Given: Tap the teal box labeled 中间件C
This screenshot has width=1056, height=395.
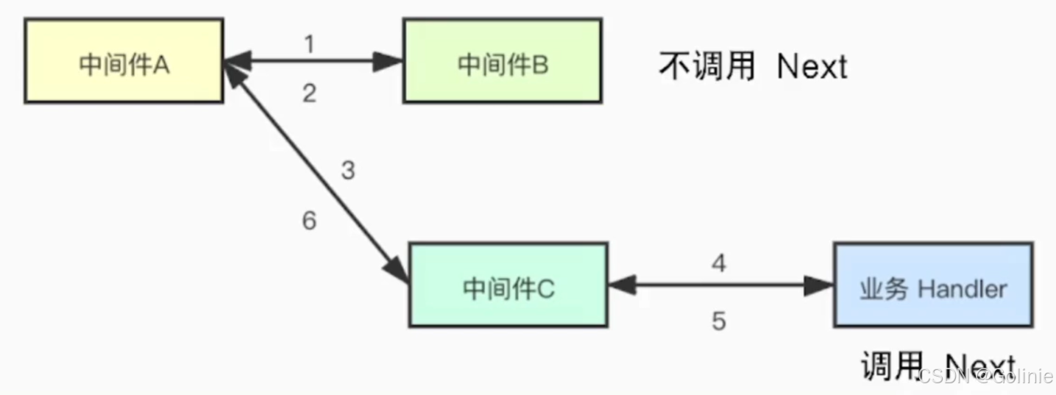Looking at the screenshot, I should (x=508, y=285).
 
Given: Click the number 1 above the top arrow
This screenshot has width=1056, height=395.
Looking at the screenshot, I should (x=309, y=44).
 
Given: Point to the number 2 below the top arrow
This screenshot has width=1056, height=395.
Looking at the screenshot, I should (x=309, y=93).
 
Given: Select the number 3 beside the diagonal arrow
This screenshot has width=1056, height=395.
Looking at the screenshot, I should (x=348, y=171).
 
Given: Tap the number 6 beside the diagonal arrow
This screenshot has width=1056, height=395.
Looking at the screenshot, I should (x=310, y=220).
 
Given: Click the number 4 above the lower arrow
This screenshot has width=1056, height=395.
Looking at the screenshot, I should (x=719, y=263).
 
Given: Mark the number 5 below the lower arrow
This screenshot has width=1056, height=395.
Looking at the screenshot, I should (x=719, y=321).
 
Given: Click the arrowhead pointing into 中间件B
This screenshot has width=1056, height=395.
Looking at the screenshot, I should (x=389, y=62).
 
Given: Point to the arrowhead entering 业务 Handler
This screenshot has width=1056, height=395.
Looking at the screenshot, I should (x=819, y=285).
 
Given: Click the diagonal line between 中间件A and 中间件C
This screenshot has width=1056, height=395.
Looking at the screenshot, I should (x=316, y=173).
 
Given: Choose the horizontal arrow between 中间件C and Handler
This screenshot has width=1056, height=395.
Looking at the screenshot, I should (x=721, y=285).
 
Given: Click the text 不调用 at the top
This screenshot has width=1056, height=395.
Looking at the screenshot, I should (x=706, y=66).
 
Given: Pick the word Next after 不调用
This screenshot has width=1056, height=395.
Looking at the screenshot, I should (x=812, y=67).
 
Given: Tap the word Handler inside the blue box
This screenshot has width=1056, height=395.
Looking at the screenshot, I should (x=962, y=289).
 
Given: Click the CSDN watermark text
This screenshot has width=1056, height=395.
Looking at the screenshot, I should (x=943, y=375).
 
